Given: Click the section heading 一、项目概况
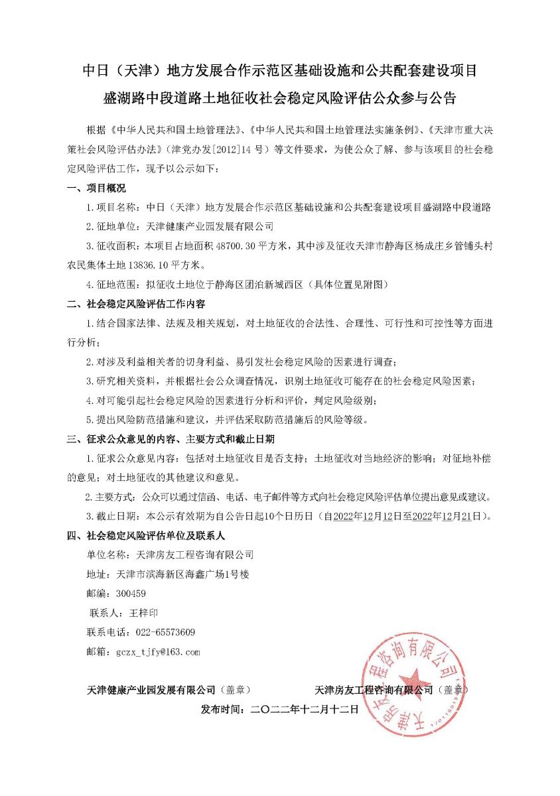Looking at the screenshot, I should point(97,189).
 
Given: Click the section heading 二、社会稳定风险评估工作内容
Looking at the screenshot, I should point(137,304).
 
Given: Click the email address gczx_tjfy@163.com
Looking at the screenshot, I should point(158,652).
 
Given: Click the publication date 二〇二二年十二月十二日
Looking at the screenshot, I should point(305,709).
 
